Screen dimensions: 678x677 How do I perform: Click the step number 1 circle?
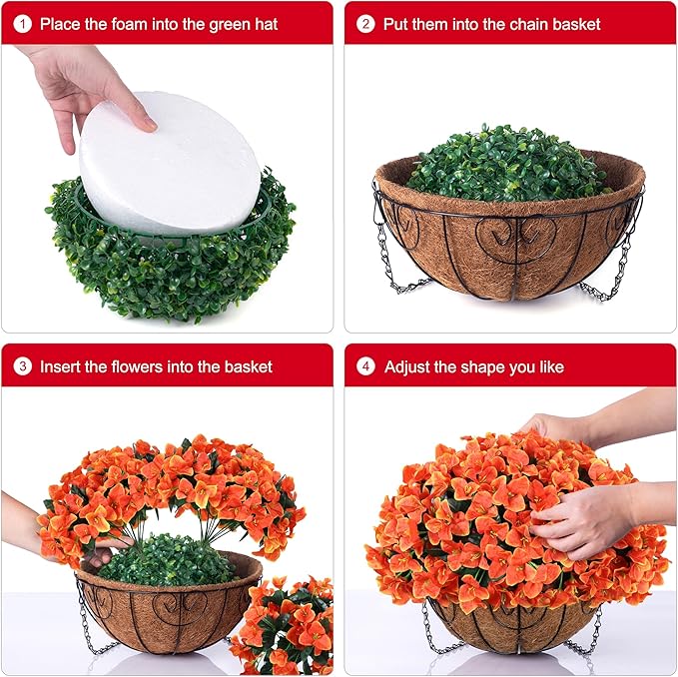(x=23, y=24)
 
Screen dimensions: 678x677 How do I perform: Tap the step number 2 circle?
(x=365, y=24)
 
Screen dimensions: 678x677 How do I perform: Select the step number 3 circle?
(x=23, y=366)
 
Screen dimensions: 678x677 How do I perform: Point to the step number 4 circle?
(x=365, y=366)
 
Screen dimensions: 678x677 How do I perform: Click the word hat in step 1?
(x=266, y=24)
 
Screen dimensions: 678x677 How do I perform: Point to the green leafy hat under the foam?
(x=170, y=260)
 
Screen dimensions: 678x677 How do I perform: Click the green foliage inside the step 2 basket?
(x=508, y=165)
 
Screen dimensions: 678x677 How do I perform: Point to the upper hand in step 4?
(x=601, y=421)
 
